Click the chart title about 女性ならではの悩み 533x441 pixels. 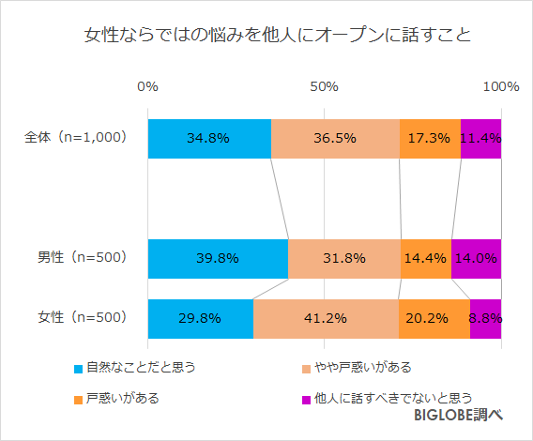click(266, 38)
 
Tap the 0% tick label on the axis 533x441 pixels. click(147, 87)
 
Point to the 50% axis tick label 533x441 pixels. click(324, 87)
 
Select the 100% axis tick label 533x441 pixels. click(500, 87)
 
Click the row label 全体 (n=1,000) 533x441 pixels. click(75, 137)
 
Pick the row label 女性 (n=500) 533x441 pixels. click(75, 317)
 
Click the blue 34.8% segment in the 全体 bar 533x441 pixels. click(208, 138)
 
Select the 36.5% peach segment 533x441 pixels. click(335, 138)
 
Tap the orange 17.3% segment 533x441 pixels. click(430, 138)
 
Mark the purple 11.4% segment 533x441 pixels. click(480, 138)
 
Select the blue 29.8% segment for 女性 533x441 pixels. click(200, 318)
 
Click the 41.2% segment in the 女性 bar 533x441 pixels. click(326, 318)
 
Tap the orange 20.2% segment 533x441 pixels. click(434, 318)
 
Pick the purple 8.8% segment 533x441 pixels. click(485, 318)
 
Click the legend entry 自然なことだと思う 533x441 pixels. click(140, 366)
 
